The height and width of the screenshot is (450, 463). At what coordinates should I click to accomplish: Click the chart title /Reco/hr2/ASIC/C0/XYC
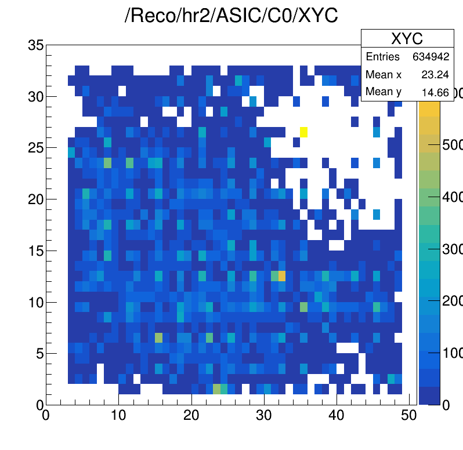(231, 16)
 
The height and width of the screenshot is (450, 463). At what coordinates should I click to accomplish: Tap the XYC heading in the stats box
(407, 39)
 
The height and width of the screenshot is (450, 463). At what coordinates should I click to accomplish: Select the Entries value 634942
(432, 57)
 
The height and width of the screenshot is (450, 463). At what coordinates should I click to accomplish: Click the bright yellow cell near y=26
(303, 132)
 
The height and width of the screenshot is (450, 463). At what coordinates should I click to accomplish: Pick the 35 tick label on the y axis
(36, 45)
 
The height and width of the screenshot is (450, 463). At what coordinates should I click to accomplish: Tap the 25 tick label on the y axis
(36, 148)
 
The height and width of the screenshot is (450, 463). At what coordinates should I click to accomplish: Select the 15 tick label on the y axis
(36, 251)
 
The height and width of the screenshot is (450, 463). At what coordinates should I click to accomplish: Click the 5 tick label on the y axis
(40, 354)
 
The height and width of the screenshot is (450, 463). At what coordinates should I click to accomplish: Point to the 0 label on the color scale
(446, 405)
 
